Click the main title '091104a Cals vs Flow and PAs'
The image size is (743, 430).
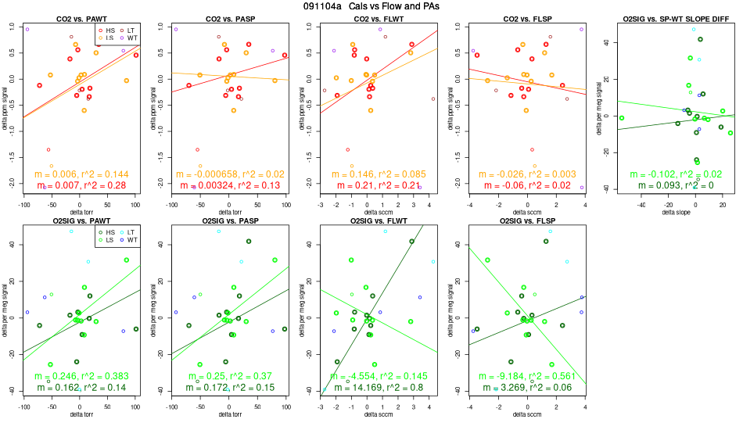(371, 6)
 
